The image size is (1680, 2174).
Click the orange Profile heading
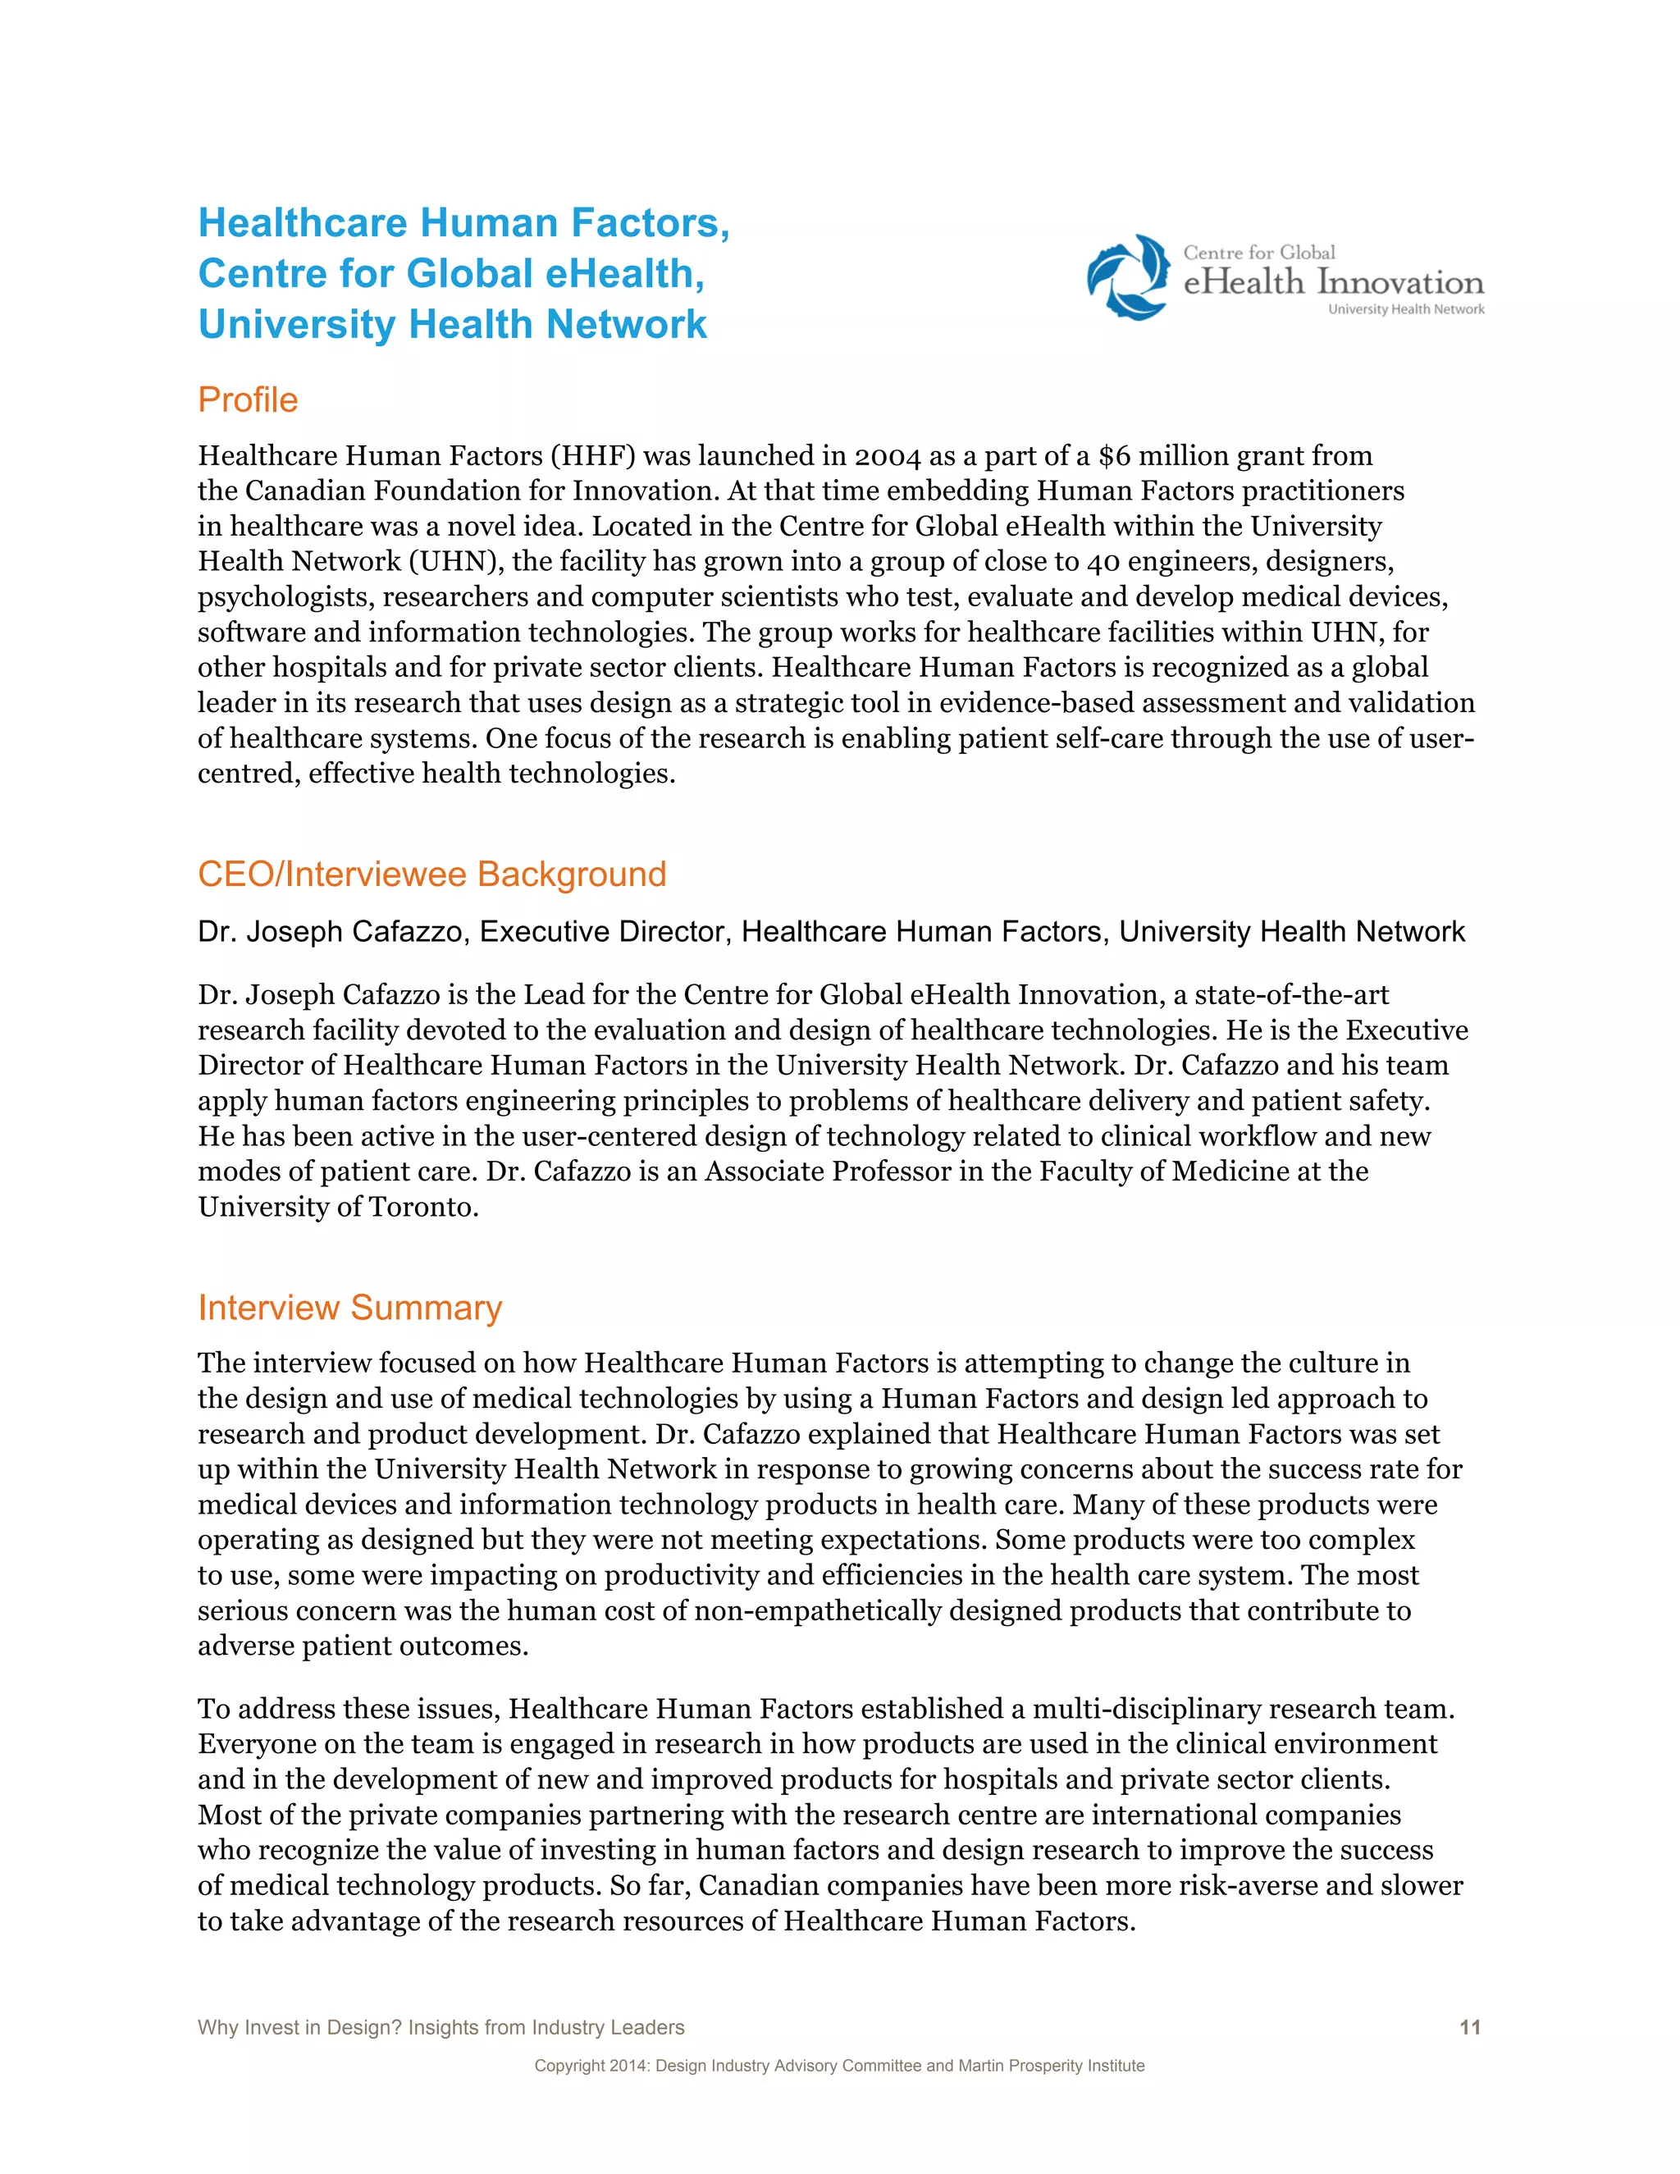coord(248,400)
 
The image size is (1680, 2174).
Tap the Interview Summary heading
coord(349,1307)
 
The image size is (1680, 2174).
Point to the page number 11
coord(1469,2026)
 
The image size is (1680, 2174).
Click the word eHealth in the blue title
coord(624,274)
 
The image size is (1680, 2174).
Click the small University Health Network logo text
coord(1405,309)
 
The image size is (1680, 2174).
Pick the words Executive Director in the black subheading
coord(605,932)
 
